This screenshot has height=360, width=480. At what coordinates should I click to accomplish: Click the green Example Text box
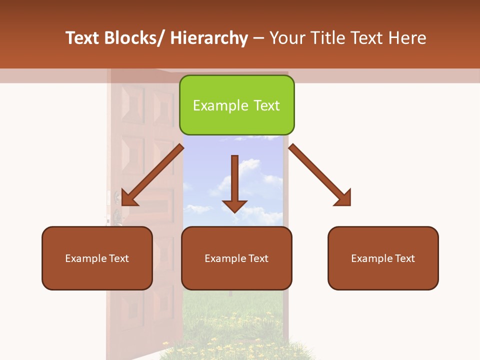click(236, 105)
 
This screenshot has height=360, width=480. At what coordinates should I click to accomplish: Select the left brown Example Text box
click(97, 258)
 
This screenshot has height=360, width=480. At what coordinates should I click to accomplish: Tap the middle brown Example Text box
click(236, 258)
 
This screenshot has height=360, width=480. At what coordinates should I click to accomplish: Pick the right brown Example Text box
click(383, 258)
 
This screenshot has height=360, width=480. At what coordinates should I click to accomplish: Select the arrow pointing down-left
click(153, 175)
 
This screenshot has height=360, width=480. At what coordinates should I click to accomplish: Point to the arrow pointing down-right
click(320, 175)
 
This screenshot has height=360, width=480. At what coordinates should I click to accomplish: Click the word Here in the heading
click(406, 38)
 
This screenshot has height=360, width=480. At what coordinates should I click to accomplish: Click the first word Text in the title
click(82, 38)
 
